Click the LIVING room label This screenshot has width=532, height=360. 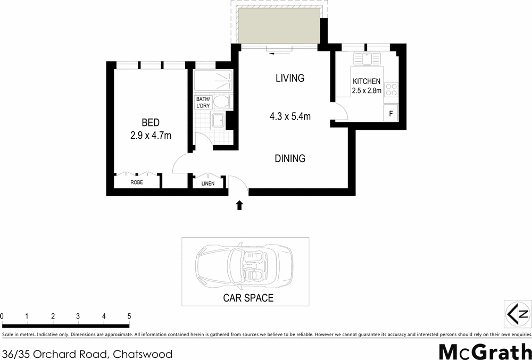tap(289, 78)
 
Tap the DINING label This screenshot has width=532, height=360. tap(290, 158)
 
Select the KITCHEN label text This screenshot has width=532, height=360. tap(367, 81)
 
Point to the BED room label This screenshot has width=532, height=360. tap(151, 122)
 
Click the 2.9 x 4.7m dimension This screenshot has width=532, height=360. tap(151, 136)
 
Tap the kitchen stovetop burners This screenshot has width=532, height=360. tap(391, 89)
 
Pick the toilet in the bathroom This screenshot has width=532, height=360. tap(222, 102)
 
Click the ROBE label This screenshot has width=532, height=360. tap(137, 182)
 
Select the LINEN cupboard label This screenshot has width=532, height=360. tap(208, 183)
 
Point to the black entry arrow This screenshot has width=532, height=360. tap(239, 204)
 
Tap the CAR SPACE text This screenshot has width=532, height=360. tap(248, 298)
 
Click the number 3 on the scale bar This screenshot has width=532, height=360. tap(78, 316)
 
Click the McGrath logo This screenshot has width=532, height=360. tap(485, 350)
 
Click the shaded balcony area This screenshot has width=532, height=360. tap(279, 26)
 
